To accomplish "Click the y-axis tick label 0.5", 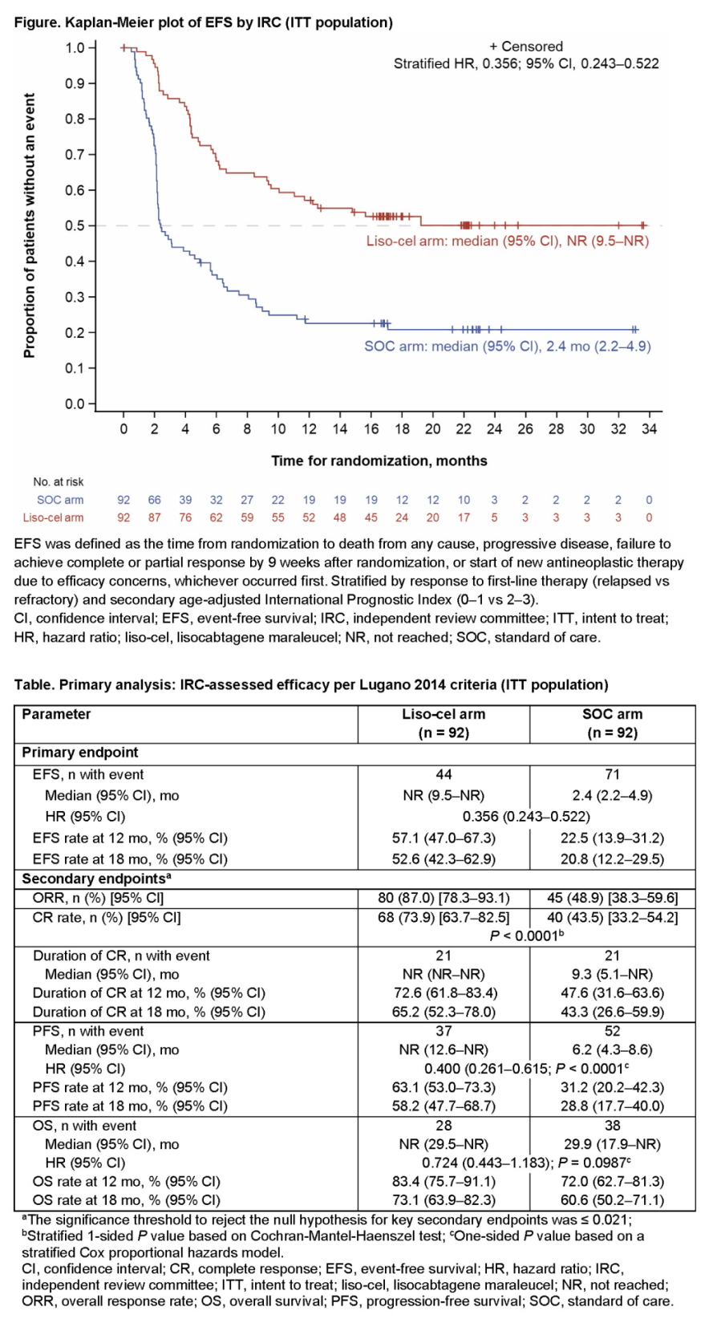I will (x=75, y=225).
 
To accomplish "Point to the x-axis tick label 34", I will (x=649, y=429).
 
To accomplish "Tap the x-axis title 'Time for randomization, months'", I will (x=379, y=461).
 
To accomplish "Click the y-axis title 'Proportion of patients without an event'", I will (x=30, y=225).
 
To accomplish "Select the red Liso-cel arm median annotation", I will (x=508, y=241).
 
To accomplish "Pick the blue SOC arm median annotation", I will (x=508, y=347).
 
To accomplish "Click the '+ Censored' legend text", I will (x=526, y=47).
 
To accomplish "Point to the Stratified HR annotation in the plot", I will (x=526, y=64).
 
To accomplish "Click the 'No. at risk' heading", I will (x=59, y=482).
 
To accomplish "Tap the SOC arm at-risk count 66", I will (x=154, y=500).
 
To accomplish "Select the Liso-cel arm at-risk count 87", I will (x=154, y=517).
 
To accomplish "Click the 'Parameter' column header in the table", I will (x=56, y=714).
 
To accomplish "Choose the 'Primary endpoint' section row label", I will (x=80, y=753).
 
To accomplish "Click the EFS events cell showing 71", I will (x=613, y=774).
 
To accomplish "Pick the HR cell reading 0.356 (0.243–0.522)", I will (x=526, y=817).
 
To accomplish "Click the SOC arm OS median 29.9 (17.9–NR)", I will (x=613, y=1144).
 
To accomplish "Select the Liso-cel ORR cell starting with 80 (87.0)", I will (x=444, y=898).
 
